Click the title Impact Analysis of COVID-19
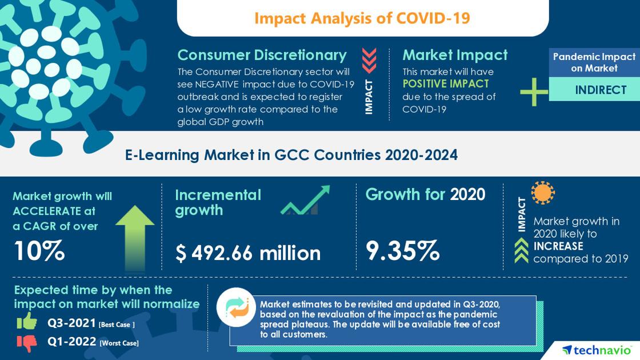point(362,18)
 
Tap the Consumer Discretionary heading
point(262,55)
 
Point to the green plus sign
point(534,91)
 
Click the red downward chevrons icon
point(369,61)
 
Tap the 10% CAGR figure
point(38,250)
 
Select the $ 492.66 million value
point(247,253)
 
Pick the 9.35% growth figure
point(402,250)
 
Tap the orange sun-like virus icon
point(543,193)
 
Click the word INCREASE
point(558,246)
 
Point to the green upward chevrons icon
point(521,250)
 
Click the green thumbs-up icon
point(27,322)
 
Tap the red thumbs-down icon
point(27,342)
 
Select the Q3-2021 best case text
point(91,323)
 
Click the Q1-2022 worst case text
point(93,342)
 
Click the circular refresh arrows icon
point(236,307)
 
